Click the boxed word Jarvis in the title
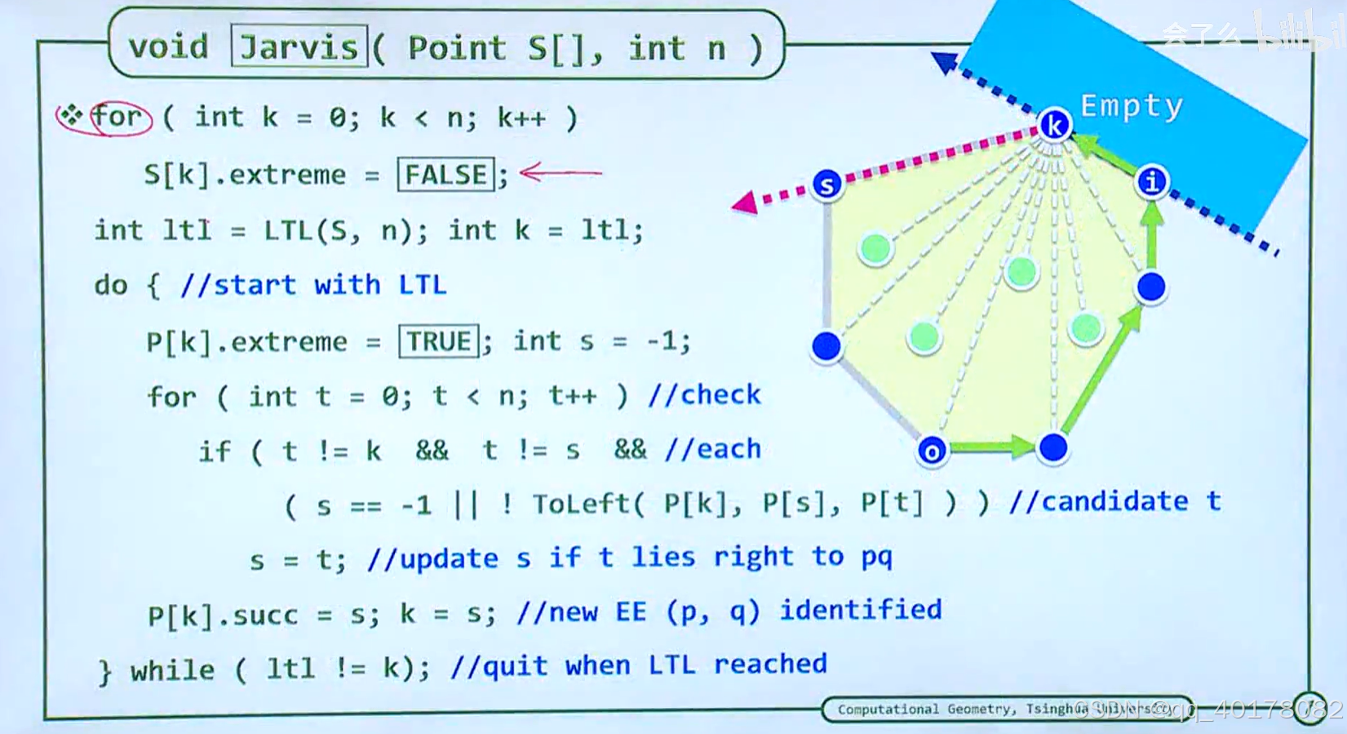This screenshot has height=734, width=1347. (299, 47)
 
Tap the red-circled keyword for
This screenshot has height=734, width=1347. (117, 117)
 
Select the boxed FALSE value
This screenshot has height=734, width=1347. (445, 174)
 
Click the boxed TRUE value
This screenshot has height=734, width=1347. (439, 340)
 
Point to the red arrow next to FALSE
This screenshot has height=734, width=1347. (561, 172)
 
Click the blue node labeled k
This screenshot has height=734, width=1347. (1054, 126)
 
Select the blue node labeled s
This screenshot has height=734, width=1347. (826, 185)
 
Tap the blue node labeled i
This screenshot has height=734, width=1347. (1151, 181)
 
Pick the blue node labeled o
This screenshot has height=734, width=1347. (932, 450)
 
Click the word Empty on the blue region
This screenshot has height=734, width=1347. (1131, 106)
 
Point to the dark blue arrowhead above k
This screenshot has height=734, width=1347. (945, 62)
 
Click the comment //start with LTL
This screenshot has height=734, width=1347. (313, 285)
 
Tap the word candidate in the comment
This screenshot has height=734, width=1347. (1114, 500)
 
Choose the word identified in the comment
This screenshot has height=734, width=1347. (861, 609)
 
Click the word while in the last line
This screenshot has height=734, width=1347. (172, 670)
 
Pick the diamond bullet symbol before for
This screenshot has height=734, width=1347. (71, 116)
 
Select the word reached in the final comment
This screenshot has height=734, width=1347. (770, 664)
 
